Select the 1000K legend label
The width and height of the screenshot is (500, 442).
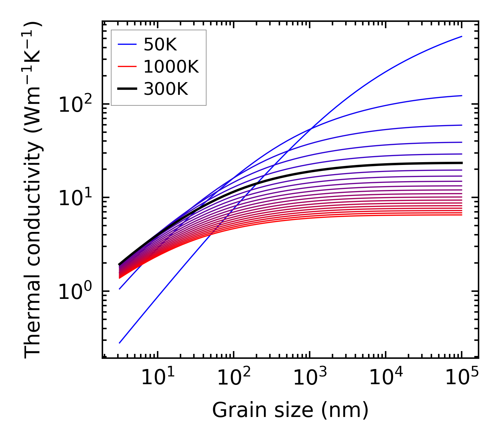tap(171, 67)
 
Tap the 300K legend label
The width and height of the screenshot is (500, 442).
tap(166, 89)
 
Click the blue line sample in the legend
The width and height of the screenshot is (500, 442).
tap(127, 44)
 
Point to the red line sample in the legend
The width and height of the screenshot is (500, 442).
tap(127, 67)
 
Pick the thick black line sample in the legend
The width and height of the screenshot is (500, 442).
tap(127, 89)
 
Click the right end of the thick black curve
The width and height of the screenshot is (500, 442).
tap(462, 163)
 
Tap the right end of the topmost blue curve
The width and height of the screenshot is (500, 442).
tap(462, 36)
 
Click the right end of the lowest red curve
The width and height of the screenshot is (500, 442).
tap(462, 215)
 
